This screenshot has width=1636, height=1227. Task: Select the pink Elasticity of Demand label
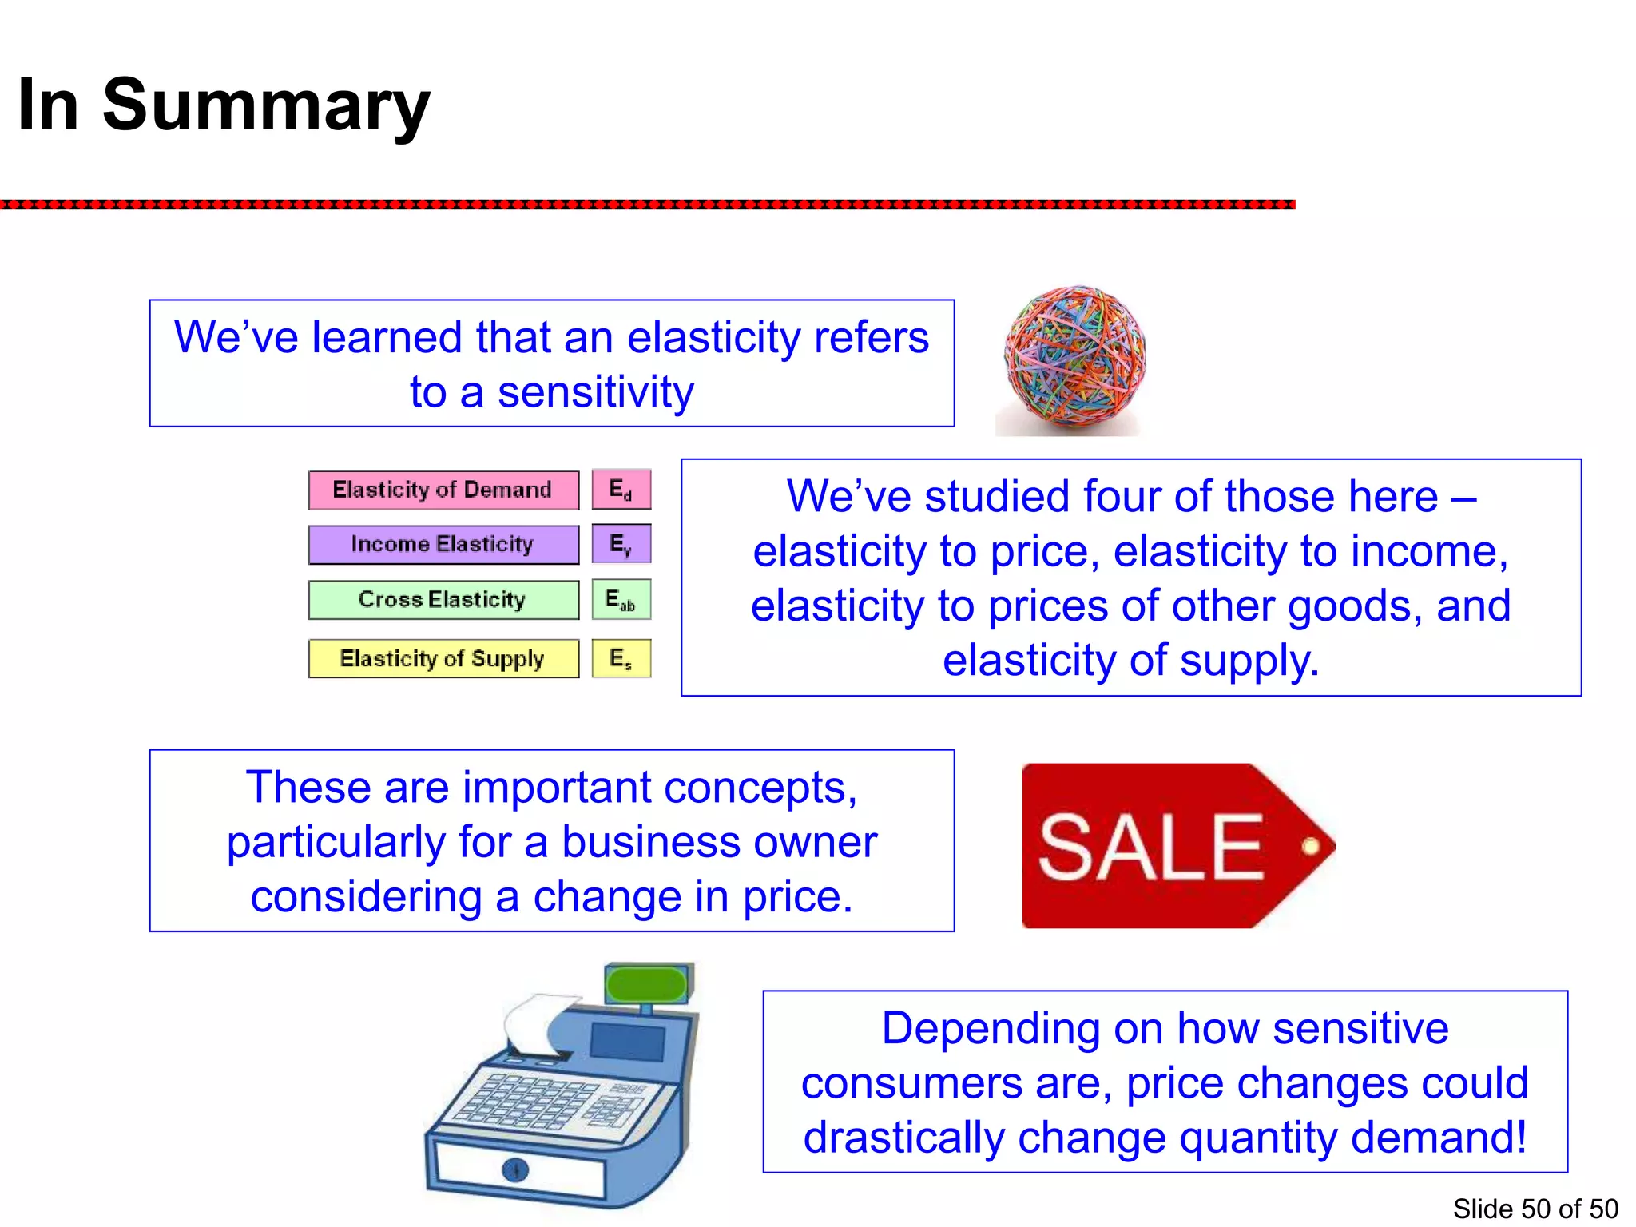click(443, 490)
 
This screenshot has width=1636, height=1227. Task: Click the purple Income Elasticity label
click(443, 545)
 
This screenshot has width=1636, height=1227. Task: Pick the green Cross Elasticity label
click(443, 600)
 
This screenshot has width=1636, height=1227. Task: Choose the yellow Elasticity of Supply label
click(443, 658)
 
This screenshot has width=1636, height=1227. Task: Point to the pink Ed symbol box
click(621, 490)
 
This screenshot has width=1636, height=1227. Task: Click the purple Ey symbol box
click(621, 544)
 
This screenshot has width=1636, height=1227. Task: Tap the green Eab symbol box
click(621, 599)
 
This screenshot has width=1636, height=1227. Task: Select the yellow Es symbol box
click(621, 658)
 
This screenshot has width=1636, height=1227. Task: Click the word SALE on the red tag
click(1150, 847)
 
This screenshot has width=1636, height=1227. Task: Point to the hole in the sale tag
click(1310, 846)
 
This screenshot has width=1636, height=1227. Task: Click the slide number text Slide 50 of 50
click(1535, 1209)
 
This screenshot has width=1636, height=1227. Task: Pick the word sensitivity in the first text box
click(595, 392)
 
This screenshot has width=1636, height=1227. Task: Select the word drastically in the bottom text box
click(903, 1137)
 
